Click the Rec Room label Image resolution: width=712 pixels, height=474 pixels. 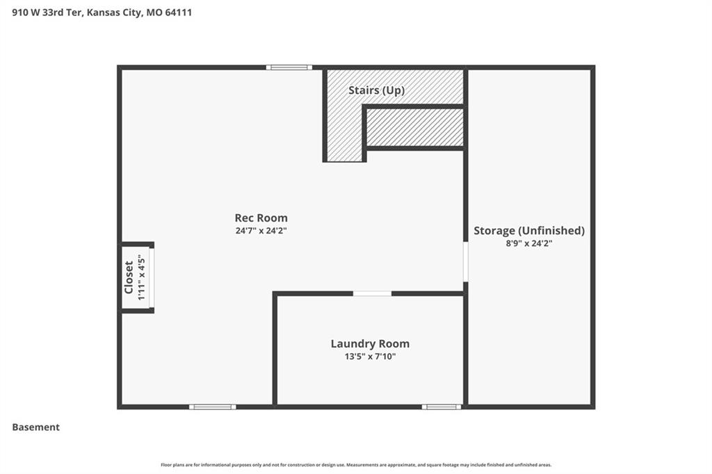point(261,218)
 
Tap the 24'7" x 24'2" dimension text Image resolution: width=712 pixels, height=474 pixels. point(261,231)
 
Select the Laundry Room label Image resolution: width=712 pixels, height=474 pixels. point(370,344)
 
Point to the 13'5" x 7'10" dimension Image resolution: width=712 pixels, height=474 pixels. point(370,357)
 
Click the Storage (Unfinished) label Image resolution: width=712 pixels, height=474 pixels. point(529,231)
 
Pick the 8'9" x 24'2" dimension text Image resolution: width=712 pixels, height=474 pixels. point(529,243)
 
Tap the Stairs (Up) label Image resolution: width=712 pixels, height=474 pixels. point(376,90)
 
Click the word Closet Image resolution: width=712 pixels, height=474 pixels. point(129,277)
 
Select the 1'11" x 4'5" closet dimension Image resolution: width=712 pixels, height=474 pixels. point(141,277)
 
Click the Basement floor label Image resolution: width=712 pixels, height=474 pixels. point(36,427)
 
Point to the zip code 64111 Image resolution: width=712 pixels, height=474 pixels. point(179,13)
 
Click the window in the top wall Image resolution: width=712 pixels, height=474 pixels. point(289,67)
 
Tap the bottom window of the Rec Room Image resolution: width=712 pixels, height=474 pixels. point(213,407)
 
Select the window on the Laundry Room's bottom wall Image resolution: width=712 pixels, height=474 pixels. point(442,407)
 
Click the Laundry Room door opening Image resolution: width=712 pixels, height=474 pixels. point(373,294)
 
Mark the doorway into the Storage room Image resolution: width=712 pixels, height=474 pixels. point(466,261)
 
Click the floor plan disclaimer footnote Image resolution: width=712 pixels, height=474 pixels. point(356,465)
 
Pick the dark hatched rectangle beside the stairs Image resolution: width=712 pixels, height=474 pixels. point(415,128)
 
